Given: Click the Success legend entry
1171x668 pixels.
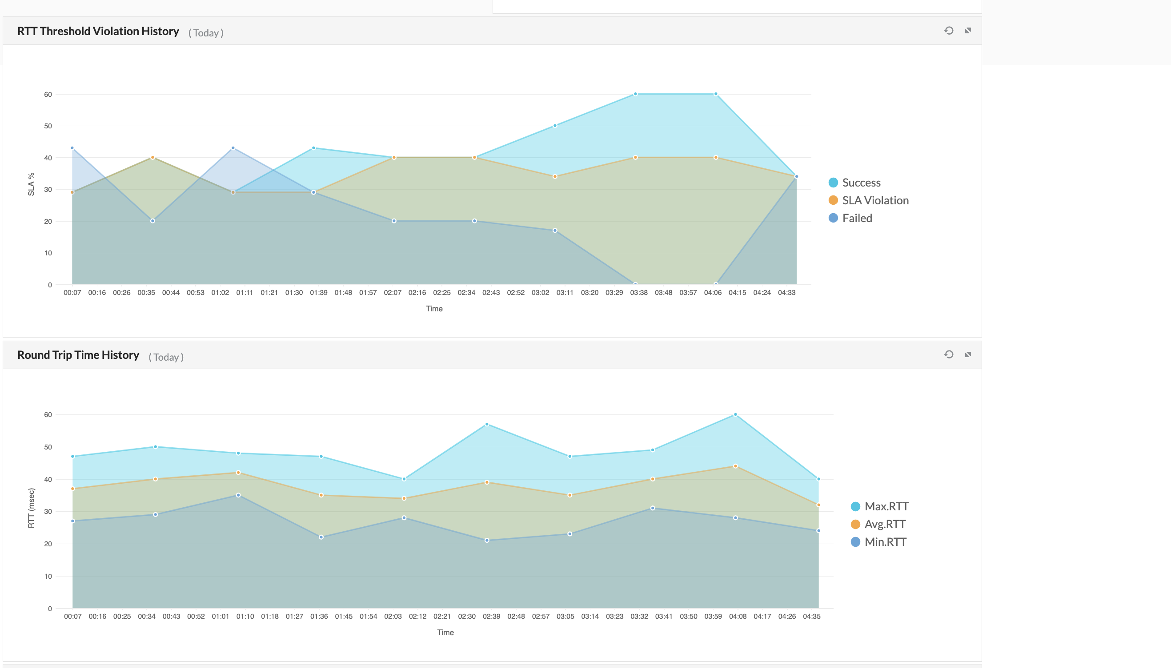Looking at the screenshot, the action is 854,183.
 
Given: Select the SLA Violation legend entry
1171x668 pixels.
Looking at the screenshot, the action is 868,200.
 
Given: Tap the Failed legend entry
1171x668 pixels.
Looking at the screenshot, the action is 850,218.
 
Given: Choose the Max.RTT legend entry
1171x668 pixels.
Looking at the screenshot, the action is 879,506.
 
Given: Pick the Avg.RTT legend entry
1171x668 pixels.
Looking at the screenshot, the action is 878,525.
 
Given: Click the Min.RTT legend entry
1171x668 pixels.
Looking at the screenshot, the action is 878,542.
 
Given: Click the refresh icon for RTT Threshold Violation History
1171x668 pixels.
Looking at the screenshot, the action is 949,31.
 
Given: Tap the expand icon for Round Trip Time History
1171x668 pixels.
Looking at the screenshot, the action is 968,354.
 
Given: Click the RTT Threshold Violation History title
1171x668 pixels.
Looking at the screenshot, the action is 98,31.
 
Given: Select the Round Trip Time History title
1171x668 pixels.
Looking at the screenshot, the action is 78,355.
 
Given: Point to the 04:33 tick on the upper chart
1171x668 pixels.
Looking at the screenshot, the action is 786,293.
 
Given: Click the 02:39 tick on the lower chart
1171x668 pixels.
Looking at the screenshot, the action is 491,616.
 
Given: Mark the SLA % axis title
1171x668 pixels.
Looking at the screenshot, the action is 31,184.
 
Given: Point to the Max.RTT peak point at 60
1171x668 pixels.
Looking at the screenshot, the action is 735,415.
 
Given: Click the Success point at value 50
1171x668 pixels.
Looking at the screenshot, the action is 555,126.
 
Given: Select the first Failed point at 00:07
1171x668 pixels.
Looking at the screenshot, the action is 72,148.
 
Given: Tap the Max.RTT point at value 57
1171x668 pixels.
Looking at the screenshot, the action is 487,424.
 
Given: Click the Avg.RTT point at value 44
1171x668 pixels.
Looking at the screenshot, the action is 735,466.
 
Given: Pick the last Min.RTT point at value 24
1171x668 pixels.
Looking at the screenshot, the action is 818,531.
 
